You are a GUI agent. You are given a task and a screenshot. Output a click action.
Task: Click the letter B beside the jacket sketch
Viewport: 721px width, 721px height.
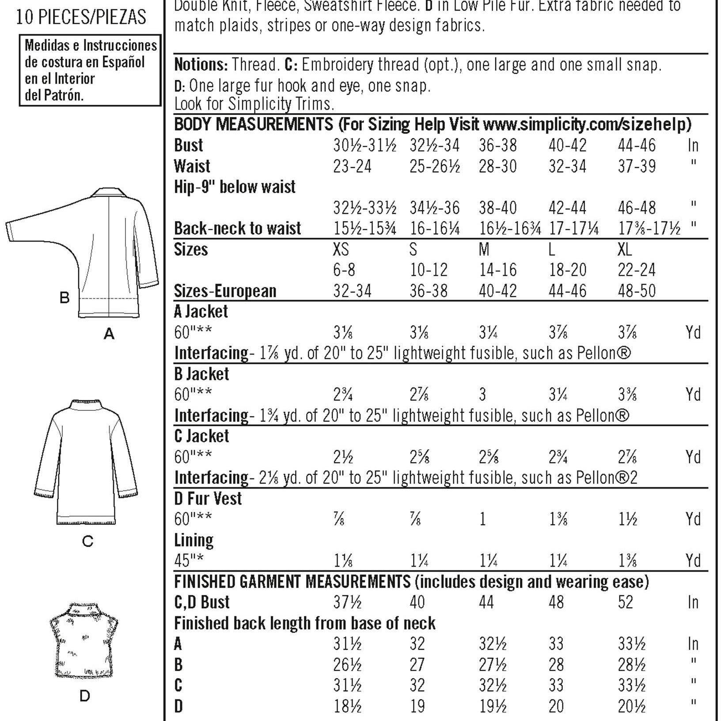tap(65, 297)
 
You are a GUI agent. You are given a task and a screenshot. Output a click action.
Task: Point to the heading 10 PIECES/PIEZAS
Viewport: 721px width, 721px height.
tap(81, 17)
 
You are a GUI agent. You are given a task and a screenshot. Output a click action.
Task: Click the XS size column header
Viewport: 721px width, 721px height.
tap(341, 250)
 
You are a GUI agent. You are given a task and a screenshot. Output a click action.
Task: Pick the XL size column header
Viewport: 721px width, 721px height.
tap(625, 250)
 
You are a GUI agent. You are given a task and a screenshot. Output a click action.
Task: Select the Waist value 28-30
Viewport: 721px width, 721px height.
tap(497, 167)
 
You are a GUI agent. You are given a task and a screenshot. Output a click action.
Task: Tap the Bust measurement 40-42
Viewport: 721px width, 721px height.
tap(567, 145)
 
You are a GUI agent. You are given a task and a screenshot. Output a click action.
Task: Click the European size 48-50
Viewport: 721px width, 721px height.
tap(637, 291)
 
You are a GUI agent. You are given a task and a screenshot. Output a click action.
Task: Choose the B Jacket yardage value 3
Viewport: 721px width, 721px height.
tap(482, 395)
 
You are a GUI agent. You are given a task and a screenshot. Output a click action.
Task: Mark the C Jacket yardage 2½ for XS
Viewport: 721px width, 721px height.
tap(343, 457)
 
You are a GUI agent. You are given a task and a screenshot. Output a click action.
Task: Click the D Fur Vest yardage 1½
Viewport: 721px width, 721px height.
tap(627, 519)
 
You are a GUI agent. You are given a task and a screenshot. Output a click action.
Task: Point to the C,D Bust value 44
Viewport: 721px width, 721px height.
tap(486, 602)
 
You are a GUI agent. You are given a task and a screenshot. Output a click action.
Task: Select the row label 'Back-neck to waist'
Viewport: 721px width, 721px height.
tap(237, 228)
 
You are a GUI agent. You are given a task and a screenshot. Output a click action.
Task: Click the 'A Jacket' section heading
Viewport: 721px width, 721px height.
tap(201, 311)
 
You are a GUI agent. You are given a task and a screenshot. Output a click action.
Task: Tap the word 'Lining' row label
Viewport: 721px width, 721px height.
tap(194, 540)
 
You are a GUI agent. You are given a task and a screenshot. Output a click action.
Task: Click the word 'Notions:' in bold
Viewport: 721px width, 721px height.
tap(201, 65)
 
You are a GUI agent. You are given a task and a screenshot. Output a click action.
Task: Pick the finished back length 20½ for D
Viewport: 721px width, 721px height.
tap(632, 707)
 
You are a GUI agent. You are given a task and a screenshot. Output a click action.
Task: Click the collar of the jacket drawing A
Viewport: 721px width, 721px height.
tap(109, 193)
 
